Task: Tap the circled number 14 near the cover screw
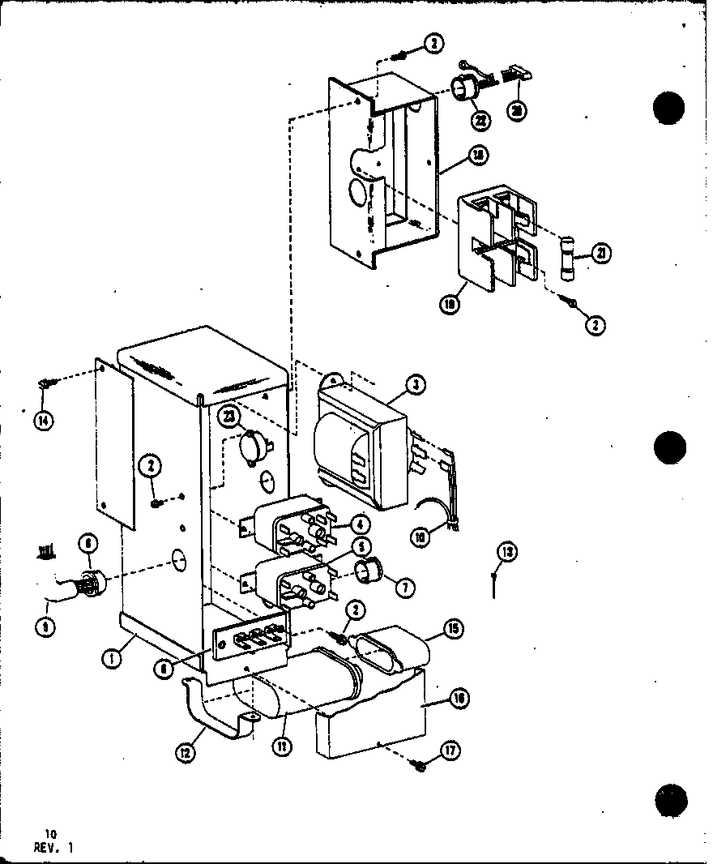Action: point(43,421)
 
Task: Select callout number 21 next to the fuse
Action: point(600,254)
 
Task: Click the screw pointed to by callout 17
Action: point(420,764)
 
